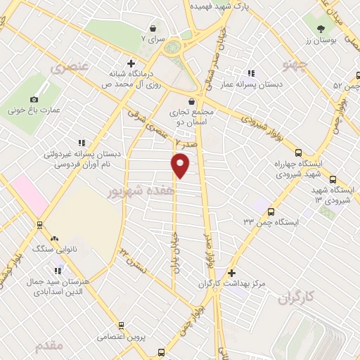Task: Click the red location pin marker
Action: pos(181,165)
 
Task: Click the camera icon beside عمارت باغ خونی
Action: pos(34,100)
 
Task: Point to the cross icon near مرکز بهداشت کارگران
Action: pos(232,273)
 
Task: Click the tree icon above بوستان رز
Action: pos(321,28)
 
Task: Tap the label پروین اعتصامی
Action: pos(122,337)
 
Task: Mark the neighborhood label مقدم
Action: pos(49,345)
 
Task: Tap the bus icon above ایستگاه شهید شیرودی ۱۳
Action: pos(333,179)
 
